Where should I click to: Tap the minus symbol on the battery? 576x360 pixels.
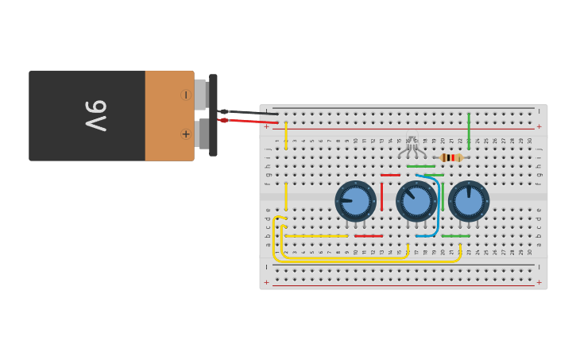(186, 95)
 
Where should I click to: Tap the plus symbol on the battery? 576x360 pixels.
(186, 134)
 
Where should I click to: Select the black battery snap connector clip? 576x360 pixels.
(213, 115)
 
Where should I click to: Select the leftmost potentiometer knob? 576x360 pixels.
(355, 201)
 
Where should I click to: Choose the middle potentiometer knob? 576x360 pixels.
(416, 201)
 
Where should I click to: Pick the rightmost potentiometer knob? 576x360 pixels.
(469, 201)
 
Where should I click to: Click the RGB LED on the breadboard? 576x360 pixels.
(412, 145)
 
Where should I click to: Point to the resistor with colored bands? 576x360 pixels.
(450, 157)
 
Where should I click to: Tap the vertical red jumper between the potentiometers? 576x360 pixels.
(381, 197)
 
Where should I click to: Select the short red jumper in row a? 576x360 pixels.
(368, 236)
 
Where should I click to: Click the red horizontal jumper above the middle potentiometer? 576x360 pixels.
(390, 175)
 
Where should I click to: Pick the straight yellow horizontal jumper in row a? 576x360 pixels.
(316, 236)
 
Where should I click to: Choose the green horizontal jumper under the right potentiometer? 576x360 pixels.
(455, 236)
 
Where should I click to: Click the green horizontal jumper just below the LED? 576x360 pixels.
(420, 166)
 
